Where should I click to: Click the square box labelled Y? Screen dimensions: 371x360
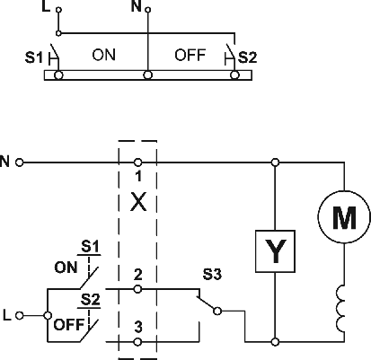[x=275, y=251]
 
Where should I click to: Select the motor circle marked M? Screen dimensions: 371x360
[x=344, y=217]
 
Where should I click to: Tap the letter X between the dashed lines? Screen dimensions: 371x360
[x=138, y=202]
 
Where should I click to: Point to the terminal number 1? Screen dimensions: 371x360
[x=138, y=176]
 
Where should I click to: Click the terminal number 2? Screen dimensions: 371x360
[x=138, y=275]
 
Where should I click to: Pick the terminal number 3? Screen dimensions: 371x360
[x=138, y=327]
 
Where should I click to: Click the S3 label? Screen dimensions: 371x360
[x=212, y=274]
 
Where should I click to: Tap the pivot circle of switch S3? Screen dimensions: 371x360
[x=217, y=312]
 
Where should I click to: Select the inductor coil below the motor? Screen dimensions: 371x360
[x=340, y=308]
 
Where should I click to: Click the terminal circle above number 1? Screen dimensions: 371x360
[x=137, y=162]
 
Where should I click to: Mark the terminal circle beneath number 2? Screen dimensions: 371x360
[x=137, y=289]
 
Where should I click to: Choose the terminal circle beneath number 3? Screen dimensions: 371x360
[x=137, y=342]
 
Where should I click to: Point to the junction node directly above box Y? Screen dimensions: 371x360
[x=275, y=162]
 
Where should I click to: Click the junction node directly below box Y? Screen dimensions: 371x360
[x=275, y=341]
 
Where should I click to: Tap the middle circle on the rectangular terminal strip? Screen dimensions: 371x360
[x=147, y=75]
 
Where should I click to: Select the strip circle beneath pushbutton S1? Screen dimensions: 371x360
[x=58, y=75]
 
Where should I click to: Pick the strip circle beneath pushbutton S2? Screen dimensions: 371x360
[x=235, y=75]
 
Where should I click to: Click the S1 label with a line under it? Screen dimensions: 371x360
[x=90, y=247]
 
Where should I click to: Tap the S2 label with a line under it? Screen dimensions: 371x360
[x=90, y=300]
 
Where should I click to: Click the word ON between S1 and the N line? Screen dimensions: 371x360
[x=103, y=55]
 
